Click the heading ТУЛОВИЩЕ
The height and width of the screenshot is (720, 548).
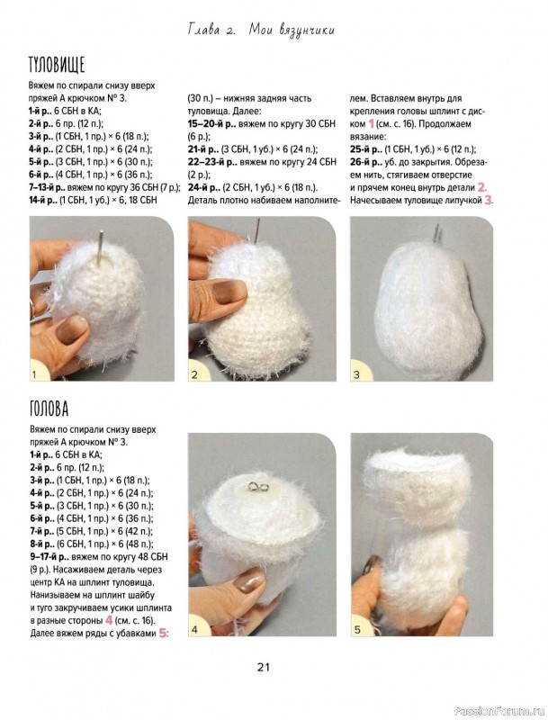click(x=57, y=65)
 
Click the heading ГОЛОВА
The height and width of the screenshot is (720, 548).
click(x=49, y=409)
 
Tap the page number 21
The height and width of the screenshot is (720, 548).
click(x=264, y=667)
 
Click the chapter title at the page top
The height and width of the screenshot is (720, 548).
click(x=262, y=31)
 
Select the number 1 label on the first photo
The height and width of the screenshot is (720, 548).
click(x=34, y=374)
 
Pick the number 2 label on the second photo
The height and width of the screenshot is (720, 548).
click(x=194, y=374)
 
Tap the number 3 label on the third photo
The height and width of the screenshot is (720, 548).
click(x=356, y=374)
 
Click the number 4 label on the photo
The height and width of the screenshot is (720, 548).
click(x=194, y=629)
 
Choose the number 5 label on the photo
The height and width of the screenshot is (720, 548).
click(x=357, y=629)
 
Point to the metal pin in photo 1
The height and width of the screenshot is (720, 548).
click(x=100, y=247)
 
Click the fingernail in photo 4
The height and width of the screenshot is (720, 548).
click(x=248, y=581)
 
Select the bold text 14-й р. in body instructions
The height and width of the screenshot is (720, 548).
click(x=42, y=200)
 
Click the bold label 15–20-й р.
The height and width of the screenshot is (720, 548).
click(x=212, y=124)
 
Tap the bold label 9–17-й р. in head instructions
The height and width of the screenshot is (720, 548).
click(x=49, y=557)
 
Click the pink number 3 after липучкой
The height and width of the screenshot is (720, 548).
click(x=489, y=200)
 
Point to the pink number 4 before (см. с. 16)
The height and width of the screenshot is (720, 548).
click(x=109, y=620)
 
